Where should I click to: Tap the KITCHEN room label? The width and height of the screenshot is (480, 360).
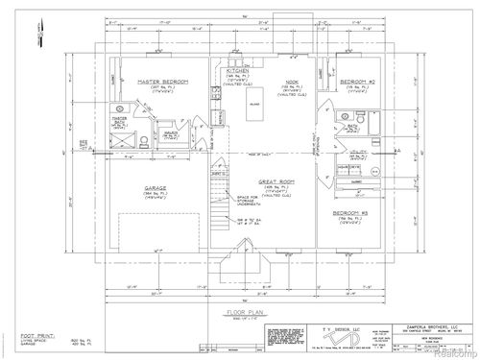[238, 71]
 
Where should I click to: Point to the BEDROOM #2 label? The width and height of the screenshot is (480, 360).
[357, 82]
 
